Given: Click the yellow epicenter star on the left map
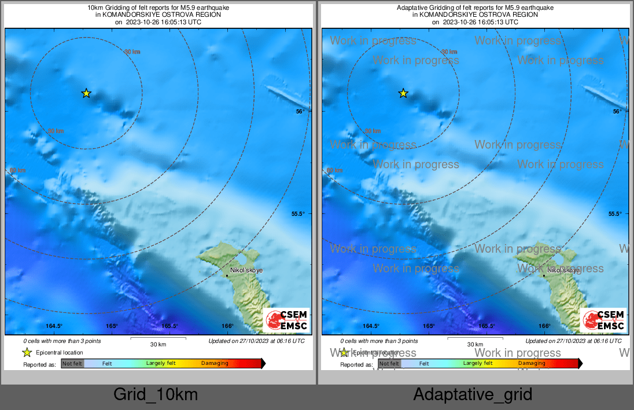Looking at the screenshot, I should click(x=86, y=93).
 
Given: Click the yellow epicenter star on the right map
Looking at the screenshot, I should click(x=403, y=93).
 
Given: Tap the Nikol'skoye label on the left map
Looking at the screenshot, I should click(x=246, y=270).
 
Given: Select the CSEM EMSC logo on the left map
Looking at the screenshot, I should click(x=286, y=320).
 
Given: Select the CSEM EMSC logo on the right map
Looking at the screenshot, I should click(x=603, y=320).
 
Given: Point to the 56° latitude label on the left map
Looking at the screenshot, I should click(x=300, y=111).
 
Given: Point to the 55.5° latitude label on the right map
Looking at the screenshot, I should click(x=615, y=214).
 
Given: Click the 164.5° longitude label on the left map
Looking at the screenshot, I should click(x=54, y=326).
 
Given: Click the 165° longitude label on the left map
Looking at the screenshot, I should click(x=112, y=326).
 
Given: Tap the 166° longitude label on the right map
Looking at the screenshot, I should click(x=544, y=326).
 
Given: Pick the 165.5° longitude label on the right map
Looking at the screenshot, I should click(x=486, y=326).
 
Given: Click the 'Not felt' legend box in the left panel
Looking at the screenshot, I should click(x=72, y=364).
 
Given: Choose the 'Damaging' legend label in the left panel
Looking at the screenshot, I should click(x=215, y=364).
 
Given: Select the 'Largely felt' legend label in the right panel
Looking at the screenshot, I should click(x=478, y=364).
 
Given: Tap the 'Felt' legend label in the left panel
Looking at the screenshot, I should click(x=107, y=364).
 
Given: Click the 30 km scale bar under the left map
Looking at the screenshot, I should click(x=158, y=338).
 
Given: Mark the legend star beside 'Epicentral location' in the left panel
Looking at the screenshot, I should click(x=27, y=352).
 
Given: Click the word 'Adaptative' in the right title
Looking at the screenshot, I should click(x=411, y=8).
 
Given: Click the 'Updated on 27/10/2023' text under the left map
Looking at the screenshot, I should click(x=256, y=341).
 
